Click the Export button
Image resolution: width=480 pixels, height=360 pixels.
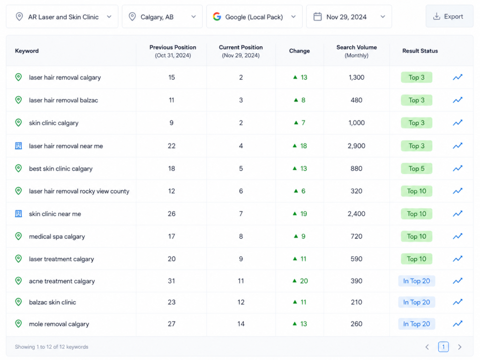point(449,16)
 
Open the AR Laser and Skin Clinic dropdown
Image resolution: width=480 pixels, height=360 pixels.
point(62,17)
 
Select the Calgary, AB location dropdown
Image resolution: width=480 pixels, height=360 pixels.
point(162,17)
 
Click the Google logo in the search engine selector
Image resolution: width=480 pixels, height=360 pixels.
point(217,16)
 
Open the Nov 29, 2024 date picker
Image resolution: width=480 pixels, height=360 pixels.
point(349,17)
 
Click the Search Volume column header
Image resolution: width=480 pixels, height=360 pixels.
point(357,51)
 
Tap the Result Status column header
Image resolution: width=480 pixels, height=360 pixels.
point(420,51)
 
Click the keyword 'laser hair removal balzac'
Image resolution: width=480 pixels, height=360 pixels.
point(63,100)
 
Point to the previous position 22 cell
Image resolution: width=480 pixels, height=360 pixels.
point(172,146)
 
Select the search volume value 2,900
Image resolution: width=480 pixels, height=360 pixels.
point(356,146)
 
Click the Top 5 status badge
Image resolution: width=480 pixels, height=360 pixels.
point(416,168)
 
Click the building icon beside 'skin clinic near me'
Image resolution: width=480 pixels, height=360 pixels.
point(18,214)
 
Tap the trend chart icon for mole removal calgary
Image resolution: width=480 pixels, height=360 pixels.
point(457,323)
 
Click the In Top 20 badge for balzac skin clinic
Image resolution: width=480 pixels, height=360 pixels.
point(416,302)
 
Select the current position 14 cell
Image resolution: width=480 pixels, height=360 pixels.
point(241,324)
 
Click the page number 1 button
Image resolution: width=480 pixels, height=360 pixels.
point(443,346)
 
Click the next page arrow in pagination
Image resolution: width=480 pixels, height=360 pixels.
point(459,347)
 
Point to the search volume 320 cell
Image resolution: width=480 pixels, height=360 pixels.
point(356,191)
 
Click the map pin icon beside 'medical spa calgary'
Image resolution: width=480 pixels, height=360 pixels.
point(18,236)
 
